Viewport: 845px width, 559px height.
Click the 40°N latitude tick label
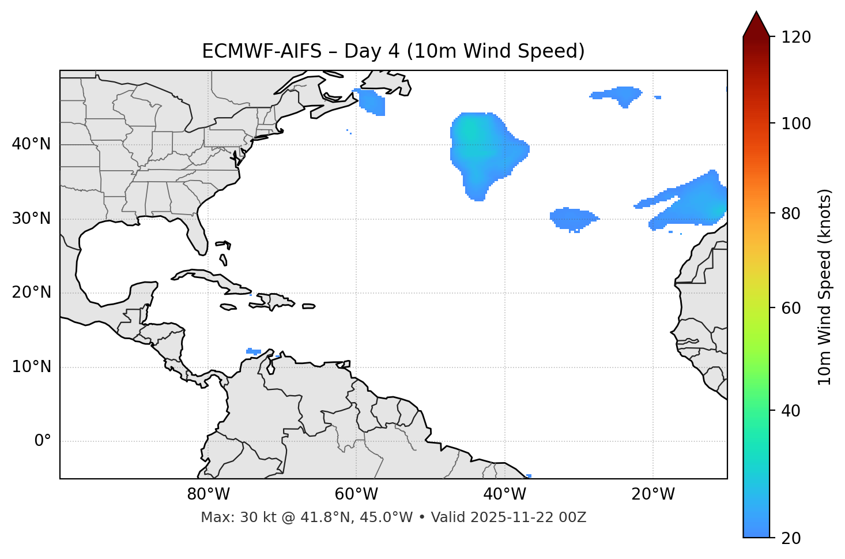pos(31,144)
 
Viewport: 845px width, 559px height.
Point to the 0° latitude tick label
pos(43,441)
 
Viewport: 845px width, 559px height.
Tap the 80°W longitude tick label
pos(208,494)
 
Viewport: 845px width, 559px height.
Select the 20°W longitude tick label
pos(653,494)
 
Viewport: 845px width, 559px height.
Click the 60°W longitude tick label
pos(356,494)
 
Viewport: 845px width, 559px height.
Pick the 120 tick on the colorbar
pos(796,37)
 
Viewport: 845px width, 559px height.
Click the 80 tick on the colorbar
pos(796,213)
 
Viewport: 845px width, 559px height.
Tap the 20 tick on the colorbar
pos(796,538)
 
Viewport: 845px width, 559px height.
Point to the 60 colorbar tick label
pos(796,308)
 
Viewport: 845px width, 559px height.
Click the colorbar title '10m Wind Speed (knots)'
pos(825,287)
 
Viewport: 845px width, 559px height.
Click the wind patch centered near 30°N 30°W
pos(572,218)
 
